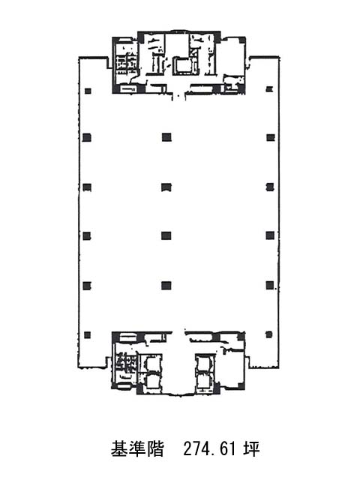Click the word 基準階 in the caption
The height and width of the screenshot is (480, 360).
click(137, 449)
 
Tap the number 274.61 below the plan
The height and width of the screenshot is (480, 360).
click(210, 449)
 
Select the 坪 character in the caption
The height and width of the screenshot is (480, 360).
click(252, 449)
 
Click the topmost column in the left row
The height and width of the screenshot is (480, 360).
click(88, 91)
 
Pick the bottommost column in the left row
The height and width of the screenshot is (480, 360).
click(87, 335)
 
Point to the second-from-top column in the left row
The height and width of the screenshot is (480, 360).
click(87, 137)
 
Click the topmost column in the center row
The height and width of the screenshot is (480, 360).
click(166, 137)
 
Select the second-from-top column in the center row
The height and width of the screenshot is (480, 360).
click(166, 187)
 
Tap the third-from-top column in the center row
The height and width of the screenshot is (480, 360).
click(166, 235)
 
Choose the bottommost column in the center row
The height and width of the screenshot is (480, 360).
click(166, 286)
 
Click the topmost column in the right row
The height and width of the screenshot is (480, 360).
click(269, 89)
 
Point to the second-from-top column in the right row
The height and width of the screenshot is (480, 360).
click(271, 137)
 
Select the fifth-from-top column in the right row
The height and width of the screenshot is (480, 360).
click(270, 285)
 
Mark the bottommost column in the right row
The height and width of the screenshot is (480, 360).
click(268, 334)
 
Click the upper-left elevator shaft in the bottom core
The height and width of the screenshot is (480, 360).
click(151, 363)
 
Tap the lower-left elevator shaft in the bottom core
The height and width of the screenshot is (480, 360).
click(151, 382)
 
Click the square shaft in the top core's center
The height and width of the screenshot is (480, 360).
click(183, 66)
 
